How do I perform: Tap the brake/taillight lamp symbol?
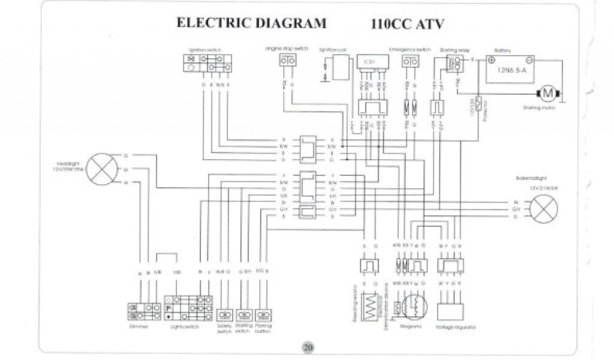pos(543,209)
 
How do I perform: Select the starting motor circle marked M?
pos(547,93)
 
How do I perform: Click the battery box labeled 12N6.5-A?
pos(510,70)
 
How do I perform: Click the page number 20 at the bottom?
pos(308,347)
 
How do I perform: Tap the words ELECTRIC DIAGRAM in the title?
pos(251,23)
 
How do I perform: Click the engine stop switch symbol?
pos(287,61)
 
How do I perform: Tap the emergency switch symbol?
pos(410,62)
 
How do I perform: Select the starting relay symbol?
pos(455,62)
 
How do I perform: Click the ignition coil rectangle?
pos(343,64)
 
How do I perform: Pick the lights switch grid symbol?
pos(188,307)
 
